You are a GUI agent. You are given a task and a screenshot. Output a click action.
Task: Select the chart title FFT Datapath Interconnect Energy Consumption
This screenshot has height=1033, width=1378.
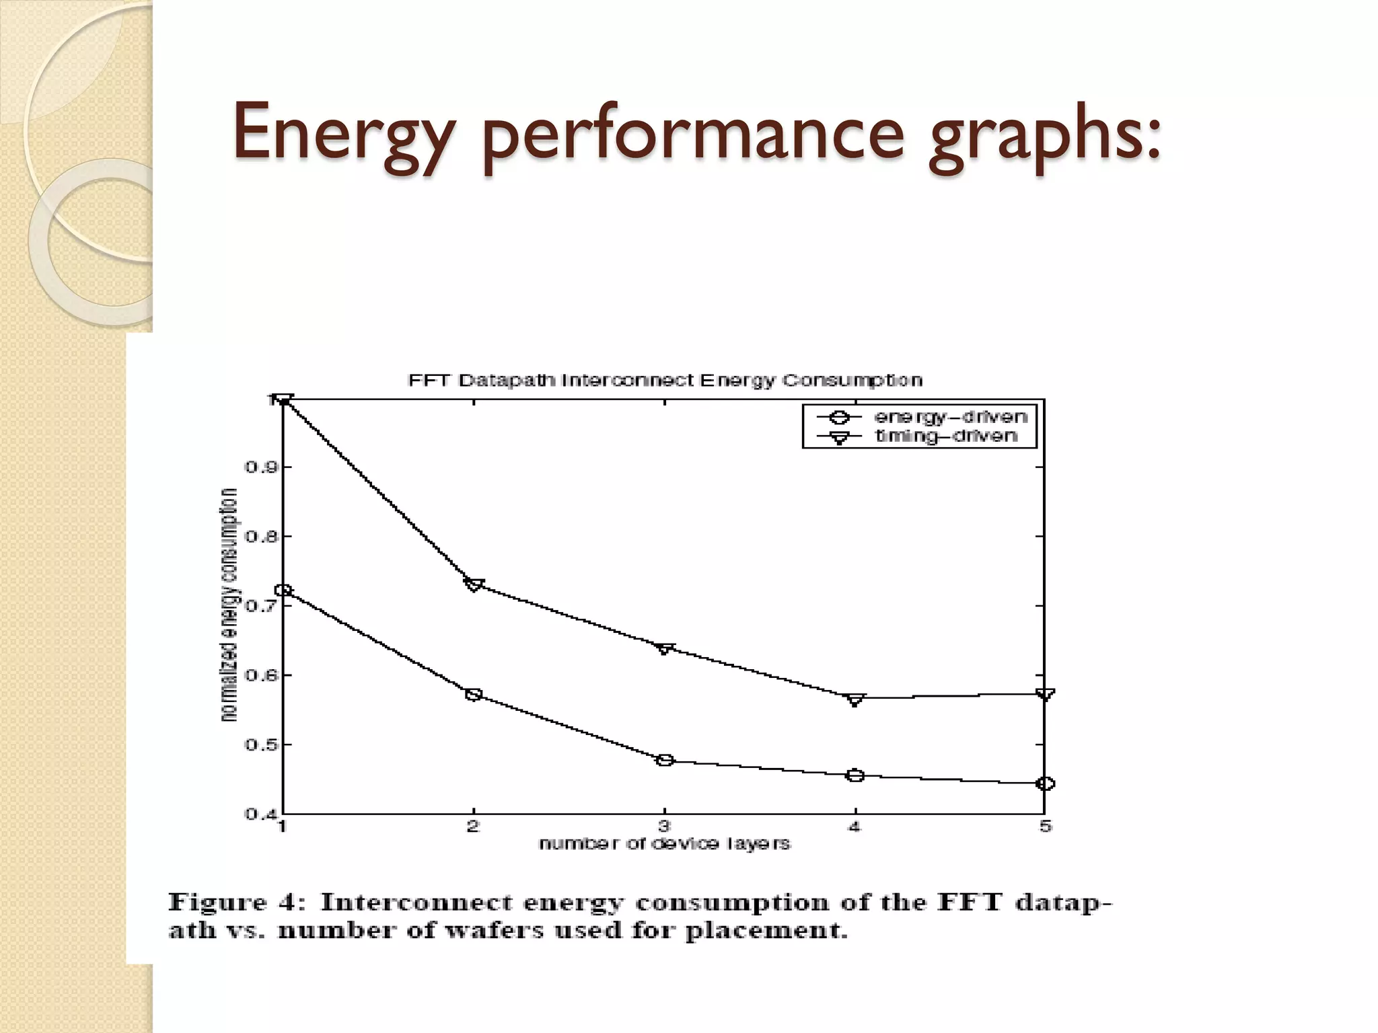click(x=665, y=381)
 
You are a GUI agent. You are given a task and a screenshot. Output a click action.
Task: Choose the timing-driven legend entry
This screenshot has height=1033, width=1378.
click(x=945, y=436)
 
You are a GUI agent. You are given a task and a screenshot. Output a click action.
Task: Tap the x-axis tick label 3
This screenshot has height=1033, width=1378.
click(x=664, y=827)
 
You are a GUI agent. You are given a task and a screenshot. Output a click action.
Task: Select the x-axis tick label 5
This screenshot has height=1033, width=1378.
click(x=1045, y=827)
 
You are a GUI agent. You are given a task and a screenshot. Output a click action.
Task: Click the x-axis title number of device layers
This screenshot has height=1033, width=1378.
click(x=664, y=844)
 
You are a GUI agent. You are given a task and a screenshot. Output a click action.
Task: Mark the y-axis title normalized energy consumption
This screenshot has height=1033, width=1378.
click(x=229, y=605)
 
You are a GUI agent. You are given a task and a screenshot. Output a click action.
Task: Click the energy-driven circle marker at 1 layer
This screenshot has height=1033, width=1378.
click(x=284, y=590)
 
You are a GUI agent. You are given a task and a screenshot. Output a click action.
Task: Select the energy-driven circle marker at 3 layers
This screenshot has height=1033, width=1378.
click(x=665, y=761)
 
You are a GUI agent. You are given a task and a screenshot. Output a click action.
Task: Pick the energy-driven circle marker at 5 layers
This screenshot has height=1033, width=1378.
click(x=1045, y=783)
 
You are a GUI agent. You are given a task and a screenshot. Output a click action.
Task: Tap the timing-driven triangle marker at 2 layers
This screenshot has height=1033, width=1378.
click(x=474, y=584)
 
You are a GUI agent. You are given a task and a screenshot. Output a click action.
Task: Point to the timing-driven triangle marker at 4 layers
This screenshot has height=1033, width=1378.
click(x=855, y=699)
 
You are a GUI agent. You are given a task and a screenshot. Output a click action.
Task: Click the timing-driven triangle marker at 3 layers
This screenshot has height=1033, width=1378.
click(x=665, y=648)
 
